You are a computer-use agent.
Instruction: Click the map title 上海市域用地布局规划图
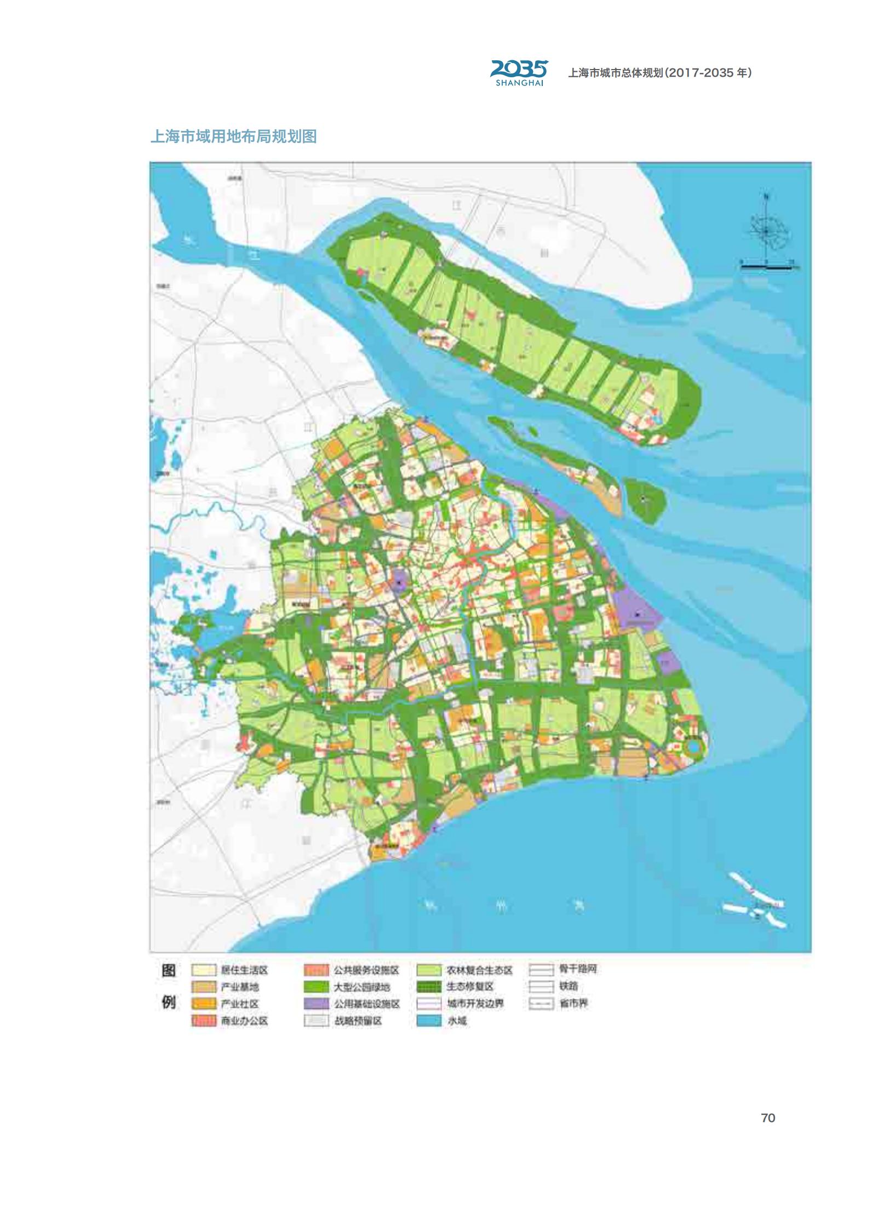click(233, 136)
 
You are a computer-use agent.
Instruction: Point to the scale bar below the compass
click(767, 266)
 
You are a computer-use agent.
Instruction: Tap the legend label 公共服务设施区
click(366, 970)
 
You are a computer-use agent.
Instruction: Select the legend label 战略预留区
click(358, 1021)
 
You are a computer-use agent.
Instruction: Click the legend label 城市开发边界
click(475, 1004)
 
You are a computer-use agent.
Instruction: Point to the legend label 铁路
click(569, 987)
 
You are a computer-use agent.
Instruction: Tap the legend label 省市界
click(573, 1004)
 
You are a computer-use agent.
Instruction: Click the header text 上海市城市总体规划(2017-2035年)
click(659, 73)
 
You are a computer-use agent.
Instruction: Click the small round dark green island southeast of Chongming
click(645, 500)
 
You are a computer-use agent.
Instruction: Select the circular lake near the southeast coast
click(693, 747)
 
